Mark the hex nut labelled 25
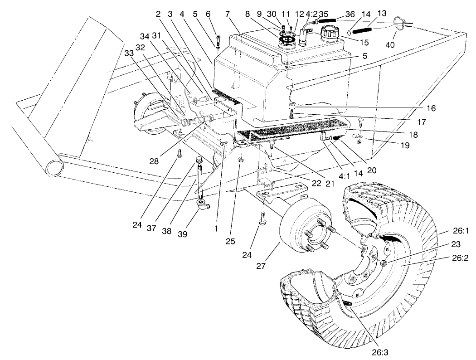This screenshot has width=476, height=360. (x=240, y=160)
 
